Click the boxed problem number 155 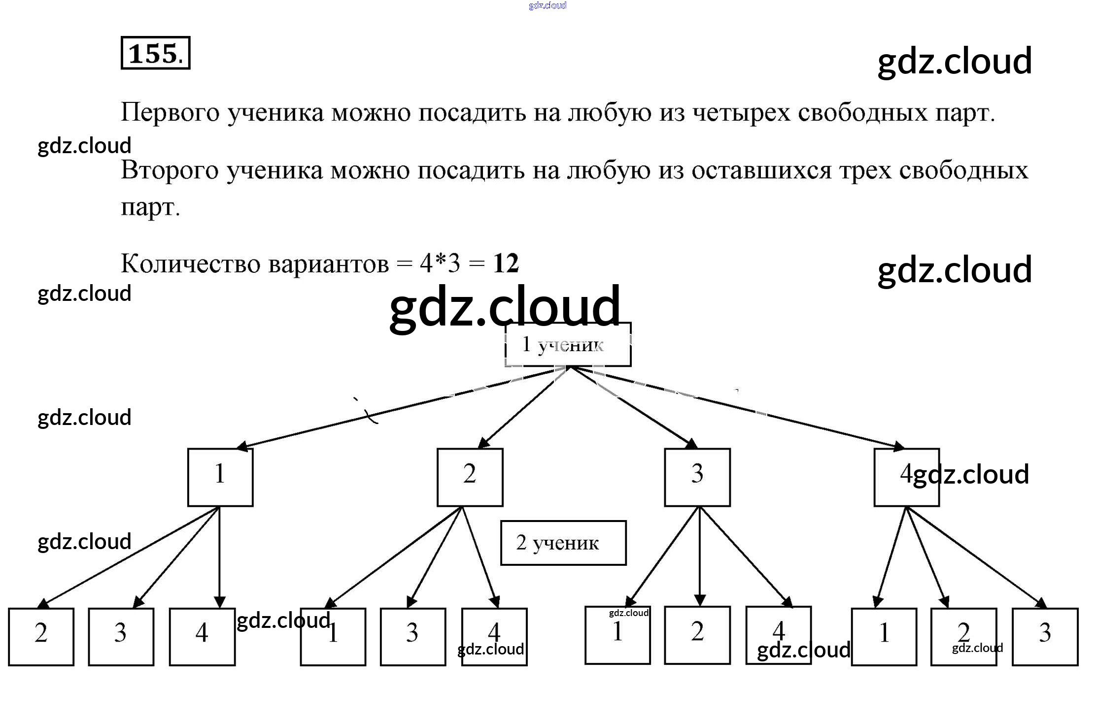coord(155,53)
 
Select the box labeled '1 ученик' coord(568,345)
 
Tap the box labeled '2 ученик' coord(563,543)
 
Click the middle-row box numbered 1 coord(220,477)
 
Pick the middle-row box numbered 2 coord(470,477)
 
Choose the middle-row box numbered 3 coord(697,477)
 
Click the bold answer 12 coord(506,263)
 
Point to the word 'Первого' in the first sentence coord(170,113)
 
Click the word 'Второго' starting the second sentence coord(170,170)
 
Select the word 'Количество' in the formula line coord(190,263)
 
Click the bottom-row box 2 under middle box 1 coord(41,636)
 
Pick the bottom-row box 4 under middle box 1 coord(202,636)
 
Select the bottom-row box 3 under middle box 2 coord(412,636)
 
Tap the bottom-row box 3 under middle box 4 coord(1045,636)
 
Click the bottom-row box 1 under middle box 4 coord(884,636)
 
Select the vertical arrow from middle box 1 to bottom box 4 coord(220,556)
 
